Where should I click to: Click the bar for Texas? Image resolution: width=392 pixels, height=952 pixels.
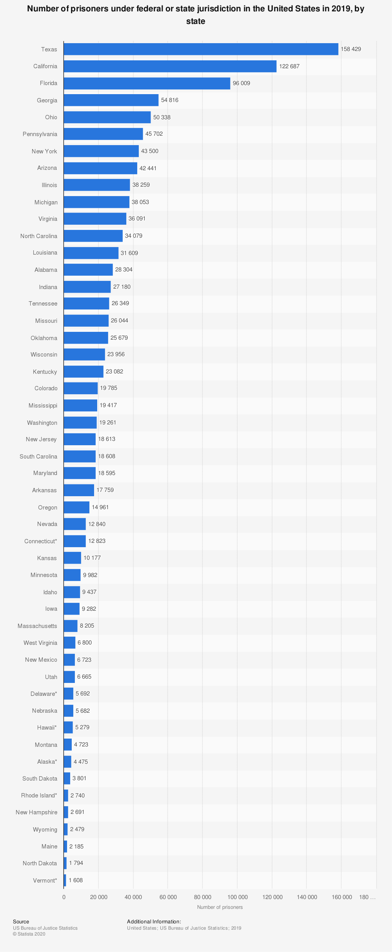click(x=201, y=49)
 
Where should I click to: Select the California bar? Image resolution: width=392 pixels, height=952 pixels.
click(x=170, y=66)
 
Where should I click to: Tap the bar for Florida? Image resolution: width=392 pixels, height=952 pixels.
click(x=147, y=83)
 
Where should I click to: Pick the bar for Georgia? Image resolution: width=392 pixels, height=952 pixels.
click(x=111, y=100)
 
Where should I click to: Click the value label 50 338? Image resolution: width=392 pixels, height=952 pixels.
click(x=162, y=117)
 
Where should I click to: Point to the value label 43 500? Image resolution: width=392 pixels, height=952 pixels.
click(x=150, y=151)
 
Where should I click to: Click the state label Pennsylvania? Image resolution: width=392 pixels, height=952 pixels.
click(x=40, y=134)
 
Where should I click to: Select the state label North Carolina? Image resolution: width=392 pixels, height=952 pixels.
click(x=39, y=236)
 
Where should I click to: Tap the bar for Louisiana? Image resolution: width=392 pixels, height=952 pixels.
click(x=91, y=253)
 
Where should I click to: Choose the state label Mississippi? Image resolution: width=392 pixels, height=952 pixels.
click(x=43, y=406)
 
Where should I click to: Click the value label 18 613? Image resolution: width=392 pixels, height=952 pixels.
click(x=107, y=439)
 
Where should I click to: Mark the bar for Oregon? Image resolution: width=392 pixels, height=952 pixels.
click(x=76, y=507)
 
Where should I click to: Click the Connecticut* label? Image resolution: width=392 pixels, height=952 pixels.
click(x=41, y=541)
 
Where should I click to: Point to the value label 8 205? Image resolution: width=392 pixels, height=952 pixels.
click(x=87, y=626)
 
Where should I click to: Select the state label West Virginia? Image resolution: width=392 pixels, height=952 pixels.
click(x=40, y=643)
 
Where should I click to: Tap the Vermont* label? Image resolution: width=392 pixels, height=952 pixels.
click(x=45, y=881)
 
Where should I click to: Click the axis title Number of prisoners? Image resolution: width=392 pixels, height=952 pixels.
click(x=220, y=907)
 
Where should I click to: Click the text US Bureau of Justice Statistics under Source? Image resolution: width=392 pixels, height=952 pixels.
click(x=45, y=928)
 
